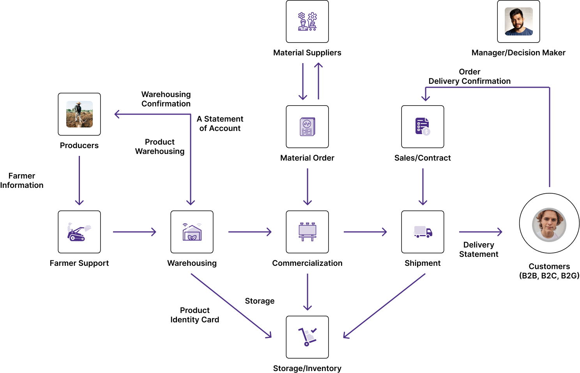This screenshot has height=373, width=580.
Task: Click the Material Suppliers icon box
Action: coord(307,21)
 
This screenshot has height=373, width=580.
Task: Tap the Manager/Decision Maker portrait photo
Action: coord(518,21)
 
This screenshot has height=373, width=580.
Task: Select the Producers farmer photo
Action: coord(79,114)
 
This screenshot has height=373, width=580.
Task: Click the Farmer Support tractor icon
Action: coord(79,232)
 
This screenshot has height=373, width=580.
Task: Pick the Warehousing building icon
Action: coord(192,232)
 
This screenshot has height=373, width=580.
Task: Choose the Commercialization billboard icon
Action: coord(307,232)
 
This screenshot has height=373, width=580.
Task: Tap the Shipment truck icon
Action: coord(423,232)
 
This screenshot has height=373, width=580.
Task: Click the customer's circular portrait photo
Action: coord(549,225)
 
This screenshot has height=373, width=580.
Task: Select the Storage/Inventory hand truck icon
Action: coord(307,337)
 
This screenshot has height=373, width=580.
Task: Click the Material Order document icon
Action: coord(307,127)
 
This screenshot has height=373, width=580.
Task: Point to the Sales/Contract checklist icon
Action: coord(423,127)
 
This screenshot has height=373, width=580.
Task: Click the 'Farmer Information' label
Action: coord(22,180)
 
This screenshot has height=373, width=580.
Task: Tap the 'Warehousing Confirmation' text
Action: coord(166,99)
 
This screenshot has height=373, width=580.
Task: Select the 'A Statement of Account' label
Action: coord(220,124)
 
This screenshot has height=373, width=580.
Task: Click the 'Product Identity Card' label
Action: coord(195,315)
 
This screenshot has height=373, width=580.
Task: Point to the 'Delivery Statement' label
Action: coord(479,249)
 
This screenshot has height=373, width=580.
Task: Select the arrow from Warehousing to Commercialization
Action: coord(249,232)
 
